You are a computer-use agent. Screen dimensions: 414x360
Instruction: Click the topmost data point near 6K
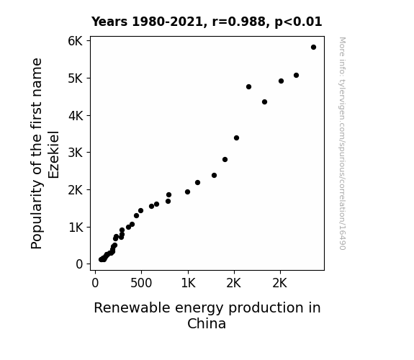(313, 48)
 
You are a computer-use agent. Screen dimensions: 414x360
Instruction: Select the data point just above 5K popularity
(296, 76)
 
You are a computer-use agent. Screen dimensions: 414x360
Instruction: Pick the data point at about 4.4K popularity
(264, 102)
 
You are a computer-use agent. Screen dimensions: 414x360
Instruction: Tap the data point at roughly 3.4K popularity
(236, 138)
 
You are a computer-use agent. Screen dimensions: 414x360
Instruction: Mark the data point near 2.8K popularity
(225, 160)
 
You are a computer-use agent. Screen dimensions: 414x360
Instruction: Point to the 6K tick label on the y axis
(76, 41)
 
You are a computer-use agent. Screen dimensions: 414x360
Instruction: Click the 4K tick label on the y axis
(76, 115)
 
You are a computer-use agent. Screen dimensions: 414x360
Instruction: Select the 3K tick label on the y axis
(76, 153)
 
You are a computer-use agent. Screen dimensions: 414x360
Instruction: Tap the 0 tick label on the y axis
(79, 264)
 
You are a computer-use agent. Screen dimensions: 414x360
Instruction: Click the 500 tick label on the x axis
(141, 283)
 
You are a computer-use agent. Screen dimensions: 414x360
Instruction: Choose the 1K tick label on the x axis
(188, 283)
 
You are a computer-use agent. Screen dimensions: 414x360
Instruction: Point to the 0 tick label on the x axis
(95, 283)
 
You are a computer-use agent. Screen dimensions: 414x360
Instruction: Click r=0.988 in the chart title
(239, 22)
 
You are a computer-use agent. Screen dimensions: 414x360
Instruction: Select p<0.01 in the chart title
(298, 22)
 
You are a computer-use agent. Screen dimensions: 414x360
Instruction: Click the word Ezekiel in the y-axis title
(53, 155)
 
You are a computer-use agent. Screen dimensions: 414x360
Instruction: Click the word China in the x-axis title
(207, 323)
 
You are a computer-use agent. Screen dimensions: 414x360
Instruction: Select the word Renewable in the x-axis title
(132, 307)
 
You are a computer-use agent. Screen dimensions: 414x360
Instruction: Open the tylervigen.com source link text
(342, 143)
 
